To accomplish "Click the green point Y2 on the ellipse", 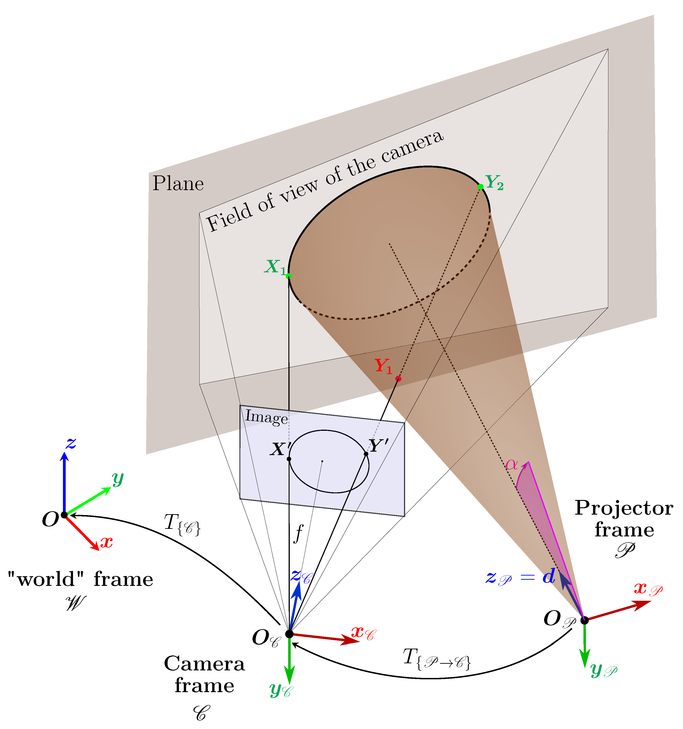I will tap(480, 187).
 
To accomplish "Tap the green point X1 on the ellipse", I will tap(288, 276).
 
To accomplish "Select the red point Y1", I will tap(398, 379).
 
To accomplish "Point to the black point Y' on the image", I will tap(366, 454).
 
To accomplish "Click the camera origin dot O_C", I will tap(289, 634).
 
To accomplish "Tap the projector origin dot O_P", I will tap(584, 620).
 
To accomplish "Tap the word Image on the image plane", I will tap(266, 417).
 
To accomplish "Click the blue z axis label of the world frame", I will tap(71, 444).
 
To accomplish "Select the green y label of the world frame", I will tap(118, 479).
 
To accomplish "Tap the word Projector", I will tap(624, 508).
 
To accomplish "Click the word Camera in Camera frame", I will tap(204, 664).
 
